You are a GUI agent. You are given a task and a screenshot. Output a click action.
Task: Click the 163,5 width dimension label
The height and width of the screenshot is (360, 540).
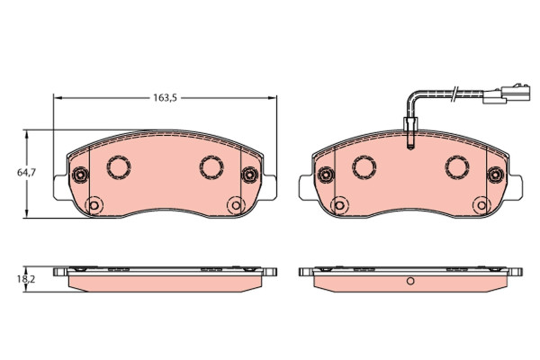[165, 98]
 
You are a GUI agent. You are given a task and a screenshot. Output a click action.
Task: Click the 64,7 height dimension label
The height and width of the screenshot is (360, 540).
[26, 172]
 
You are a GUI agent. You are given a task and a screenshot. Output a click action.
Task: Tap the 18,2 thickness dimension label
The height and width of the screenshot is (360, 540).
[26, 279]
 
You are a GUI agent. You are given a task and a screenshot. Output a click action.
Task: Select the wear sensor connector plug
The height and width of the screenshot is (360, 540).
[506, 94]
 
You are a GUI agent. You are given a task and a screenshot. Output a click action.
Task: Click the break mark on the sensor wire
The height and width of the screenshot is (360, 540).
[454, 94]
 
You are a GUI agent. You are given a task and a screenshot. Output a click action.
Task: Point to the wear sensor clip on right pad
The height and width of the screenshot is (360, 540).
[410, 133]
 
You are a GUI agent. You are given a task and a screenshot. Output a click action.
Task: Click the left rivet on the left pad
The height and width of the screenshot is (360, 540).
[80, 175]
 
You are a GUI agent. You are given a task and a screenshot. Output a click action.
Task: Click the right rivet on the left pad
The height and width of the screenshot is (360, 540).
[249, 175]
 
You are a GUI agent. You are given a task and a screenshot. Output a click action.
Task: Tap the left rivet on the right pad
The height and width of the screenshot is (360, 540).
[326, 175]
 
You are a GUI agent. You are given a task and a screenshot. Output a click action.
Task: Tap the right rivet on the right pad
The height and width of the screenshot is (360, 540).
[495, 175]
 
